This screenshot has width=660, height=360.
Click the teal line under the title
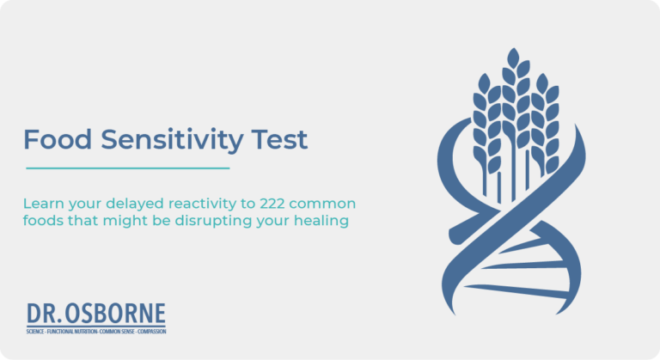[x=128, y=168]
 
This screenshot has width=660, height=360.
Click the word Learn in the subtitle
[x=43, y=204]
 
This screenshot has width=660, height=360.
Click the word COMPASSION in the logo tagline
[x=147, y=331]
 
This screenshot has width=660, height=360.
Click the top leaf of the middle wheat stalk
[x=514, y=59]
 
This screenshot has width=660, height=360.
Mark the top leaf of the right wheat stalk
[x=543, y=82]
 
